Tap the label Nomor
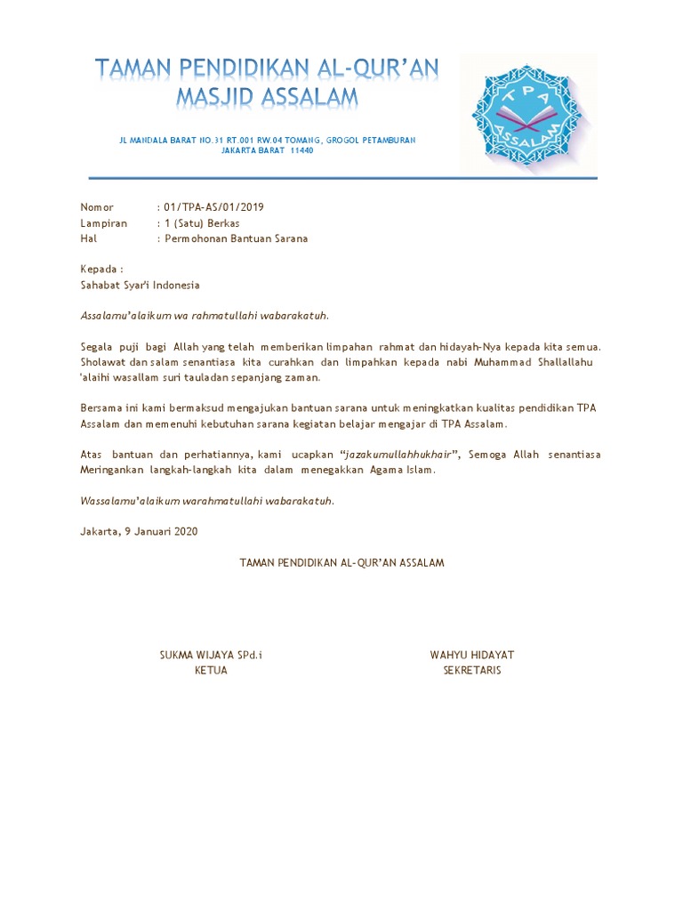click(97, 207)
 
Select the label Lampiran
click(103, 223)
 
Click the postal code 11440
click(301, 150)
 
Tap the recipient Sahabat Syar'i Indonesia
click(140, 286)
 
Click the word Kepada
click(100, 269)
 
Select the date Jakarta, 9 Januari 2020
click(139, 531)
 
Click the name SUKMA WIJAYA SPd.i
click(211, 655)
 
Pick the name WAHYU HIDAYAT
click(472, 655)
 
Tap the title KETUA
click(211, 670)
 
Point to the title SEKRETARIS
click(472, 670)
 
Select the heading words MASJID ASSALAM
click(267, 96)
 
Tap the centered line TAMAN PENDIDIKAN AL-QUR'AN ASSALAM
click(341, 563)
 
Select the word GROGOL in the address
click(345, 141)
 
